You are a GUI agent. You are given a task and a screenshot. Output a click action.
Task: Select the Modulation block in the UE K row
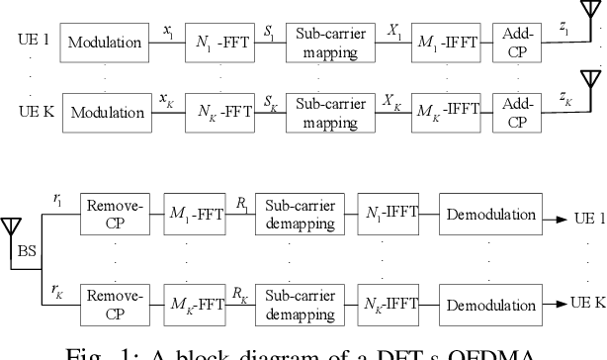point(107,113)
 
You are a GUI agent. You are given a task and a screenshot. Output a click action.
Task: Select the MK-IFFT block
point(443,113)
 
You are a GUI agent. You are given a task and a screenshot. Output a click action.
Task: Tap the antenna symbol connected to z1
point(596,21)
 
